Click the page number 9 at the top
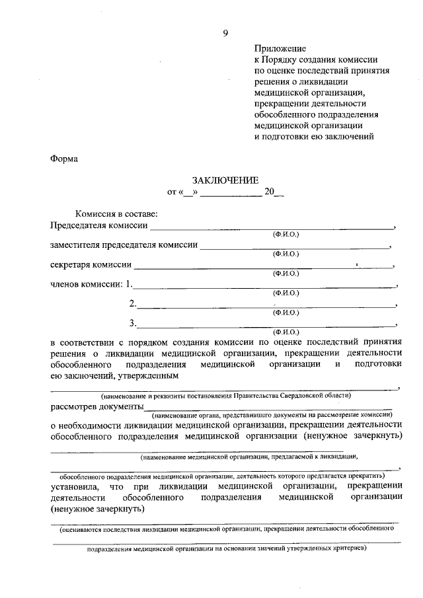point(225,33)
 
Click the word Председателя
point(78,226)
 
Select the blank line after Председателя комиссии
point(271,227)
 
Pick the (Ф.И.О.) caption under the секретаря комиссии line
point(286,273)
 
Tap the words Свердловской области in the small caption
point(326,394)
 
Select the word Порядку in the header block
point(281,59)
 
